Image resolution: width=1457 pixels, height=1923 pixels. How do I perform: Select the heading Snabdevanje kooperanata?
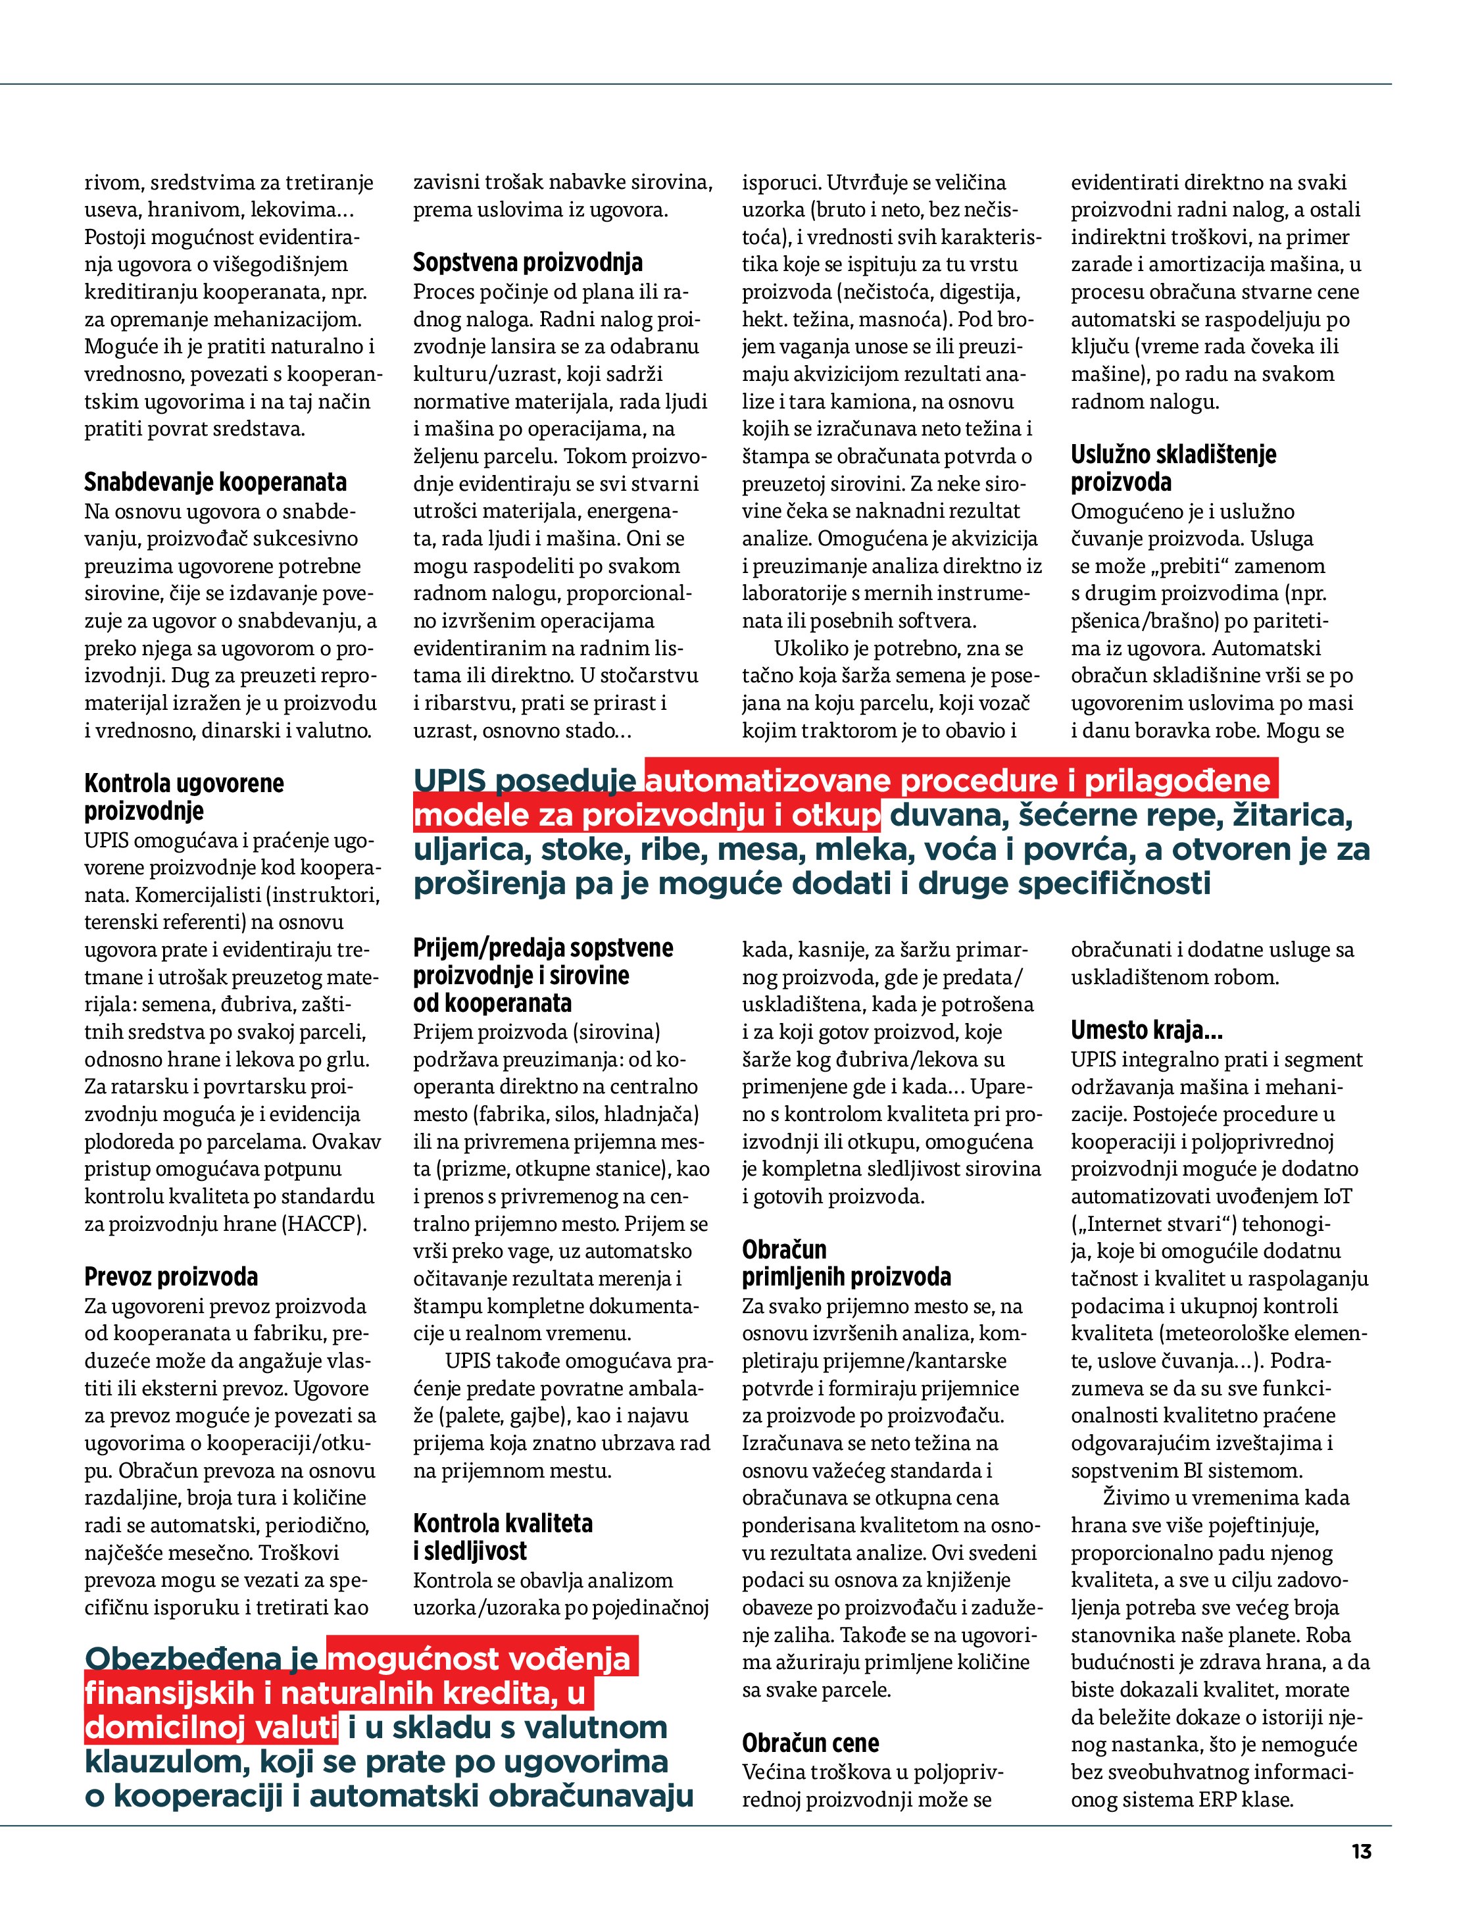click(214, 482)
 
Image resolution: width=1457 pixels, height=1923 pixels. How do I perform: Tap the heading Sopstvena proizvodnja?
click(528, 262)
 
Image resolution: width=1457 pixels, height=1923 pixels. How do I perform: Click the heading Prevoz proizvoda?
click(171, 1277)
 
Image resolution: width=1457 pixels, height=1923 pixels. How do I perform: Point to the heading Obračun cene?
click(810, 1743)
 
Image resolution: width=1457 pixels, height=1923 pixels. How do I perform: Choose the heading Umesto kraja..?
click(1147, 1030)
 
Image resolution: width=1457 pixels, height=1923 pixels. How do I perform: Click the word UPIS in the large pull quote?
click(454, 781)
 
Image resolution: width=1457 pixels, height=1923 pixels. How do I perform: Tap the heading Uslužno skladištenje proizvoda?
click(1173, 468)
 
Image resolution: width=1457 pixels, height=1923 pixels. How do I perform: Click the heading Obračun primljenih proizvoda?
click(846, 1263)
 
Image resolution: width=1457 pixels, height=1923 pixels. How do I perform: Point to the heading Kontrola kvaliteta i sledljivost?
click(503, 1537)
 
